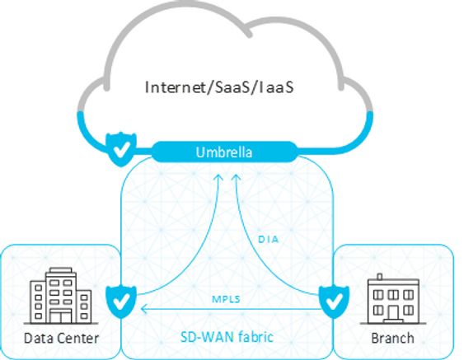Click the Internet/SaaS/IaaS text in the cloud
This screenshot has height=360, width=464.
click(x=219, y=87)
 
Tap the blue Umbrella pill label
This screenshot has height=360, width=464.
click(x=224, y=152)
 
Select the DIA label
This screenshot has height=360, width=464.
click(x=269, y=239)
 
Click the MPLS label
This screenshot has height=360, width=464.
click(x=226, y=299)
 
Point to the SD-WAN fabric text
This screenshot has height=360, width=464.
click(x=227, y=337)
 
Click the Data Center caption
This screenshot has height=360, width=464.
click(x=61, y=338)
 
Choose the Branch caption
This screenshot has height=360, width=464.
click(x=392, y=338)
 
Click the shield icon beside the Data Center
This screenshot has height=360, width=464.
click(x=121, y=302)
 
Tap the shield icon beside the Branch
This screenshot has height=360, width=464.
click(x=334, y=302)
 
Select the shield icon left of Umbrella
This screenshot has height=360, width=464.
click(x=121, y=149)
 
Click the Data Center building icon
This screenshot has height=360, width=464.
click(x=61, y=296)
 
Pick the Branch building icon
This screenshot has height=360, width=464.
click(x=393, y=299)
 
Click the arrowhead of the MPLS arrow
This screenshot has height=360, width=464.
click(x=144, y=309)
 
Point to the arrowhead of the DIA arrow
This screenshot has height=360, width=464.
click(x=236, y=177)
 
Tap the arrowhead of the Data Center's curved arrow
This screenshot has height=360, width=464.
click(x=218, y=177)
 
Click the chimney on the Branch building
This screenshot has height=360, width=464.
click(x=380, y=277)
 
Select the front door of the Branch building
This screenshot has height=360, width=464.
click(x=393, y=313)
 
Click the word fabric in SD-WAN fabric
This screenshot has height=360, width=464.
click(x=256, y=337)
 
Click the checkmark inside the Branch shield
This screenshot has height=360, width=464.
click(x=334, y=302)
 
